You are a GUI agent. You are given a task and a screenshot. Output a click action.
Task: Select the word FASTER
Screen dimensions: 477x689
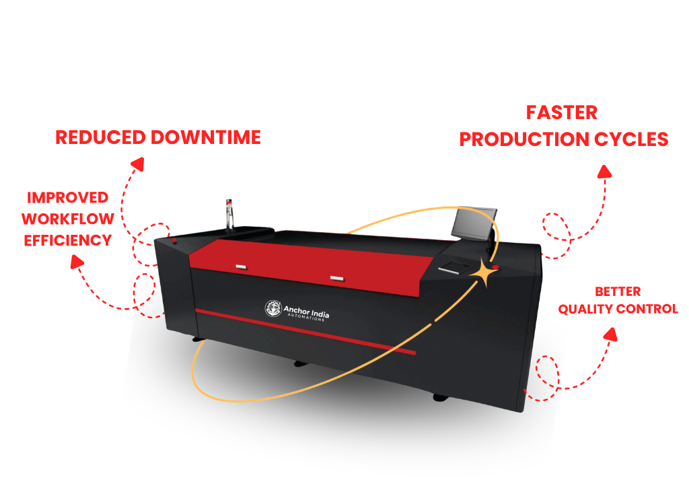(562, 112)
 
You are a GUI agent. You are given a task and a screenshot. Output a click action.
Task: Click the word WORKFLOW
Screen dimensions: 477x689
(67, 219)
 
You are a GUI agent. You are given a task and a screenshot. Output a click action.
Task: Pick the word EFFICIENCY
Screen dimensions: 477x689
(67, 240)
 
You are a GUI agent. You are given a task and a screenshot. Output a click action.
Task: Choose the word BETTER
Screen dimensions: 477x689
(618, 291)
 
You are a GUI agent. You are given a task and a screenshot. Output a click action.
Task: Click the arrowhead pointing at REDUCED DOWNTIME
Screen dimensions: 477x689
(137, 163)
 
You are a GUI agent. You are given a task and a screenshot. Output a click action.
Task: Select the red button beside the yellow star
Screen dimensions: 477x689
(496, 268)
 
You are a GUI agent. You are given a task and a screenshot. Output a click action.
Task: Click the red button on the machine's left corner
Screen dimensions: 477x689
(174, 240)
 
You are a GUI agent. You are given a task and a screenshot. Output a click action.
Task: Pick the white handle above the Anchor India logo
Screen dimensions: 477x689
(336, 277)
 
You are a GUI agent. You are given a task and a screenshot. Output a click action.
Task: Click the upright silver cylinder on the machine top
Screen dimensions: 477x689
(229, 211)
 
